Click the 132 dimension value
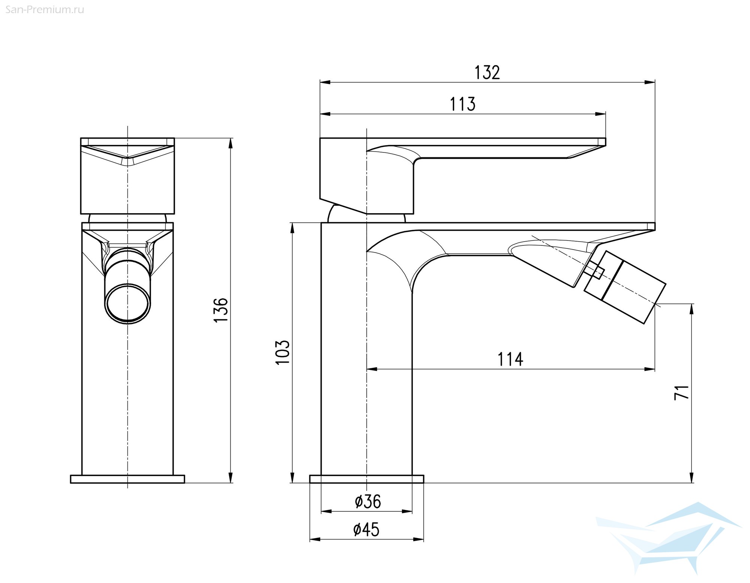point(487,73)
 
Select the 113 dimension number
point(462,104)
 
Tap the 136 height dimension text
point(221,309)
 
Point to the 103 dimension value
point(283,352)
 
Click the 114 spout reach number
point(510,359)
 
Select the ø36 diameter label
point(368,502)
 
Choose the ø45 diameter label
point(366,529)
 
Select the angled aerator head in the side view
point(624,287)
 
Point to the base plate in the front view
point(127,479)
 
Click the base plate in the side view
point(367,479)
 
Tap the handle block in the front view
point(127,176)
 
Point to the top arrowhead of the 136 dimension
point(231,144)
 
